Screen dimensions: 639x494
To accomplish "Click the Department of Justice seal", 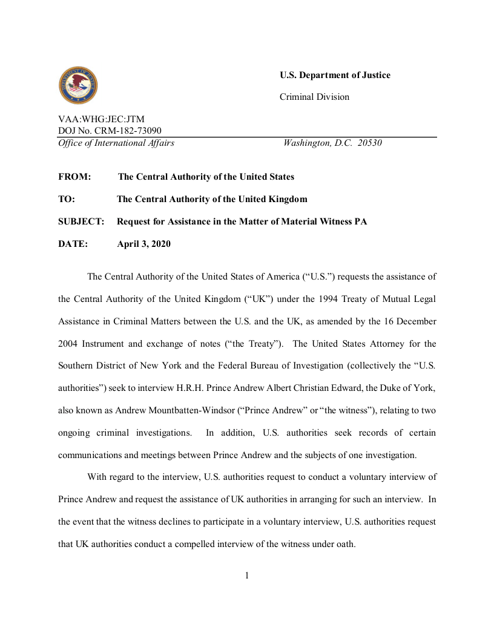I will [x=78, y=86].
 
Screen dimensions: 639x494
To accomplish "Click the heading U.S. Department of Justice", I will [x=335, y=75].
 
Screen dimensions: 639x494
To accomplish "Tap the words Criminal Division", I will [x=314, y=97].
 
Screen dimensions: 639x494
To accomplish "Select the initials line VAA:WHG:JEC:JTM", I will [x=101, y=119].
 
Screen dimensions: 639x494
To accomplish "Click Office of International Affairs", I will [x=116, y=143].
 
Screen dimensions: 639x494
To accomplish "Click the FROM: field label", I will [x=74, y=177].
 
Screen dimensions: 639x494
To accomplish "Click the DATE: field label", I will [x=73, y=244].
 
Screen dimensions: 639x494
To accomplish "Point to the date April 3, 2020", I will [x=143, y=244].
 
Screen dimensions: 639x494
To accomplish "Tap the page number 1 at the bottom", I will [x=247, y=575].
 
